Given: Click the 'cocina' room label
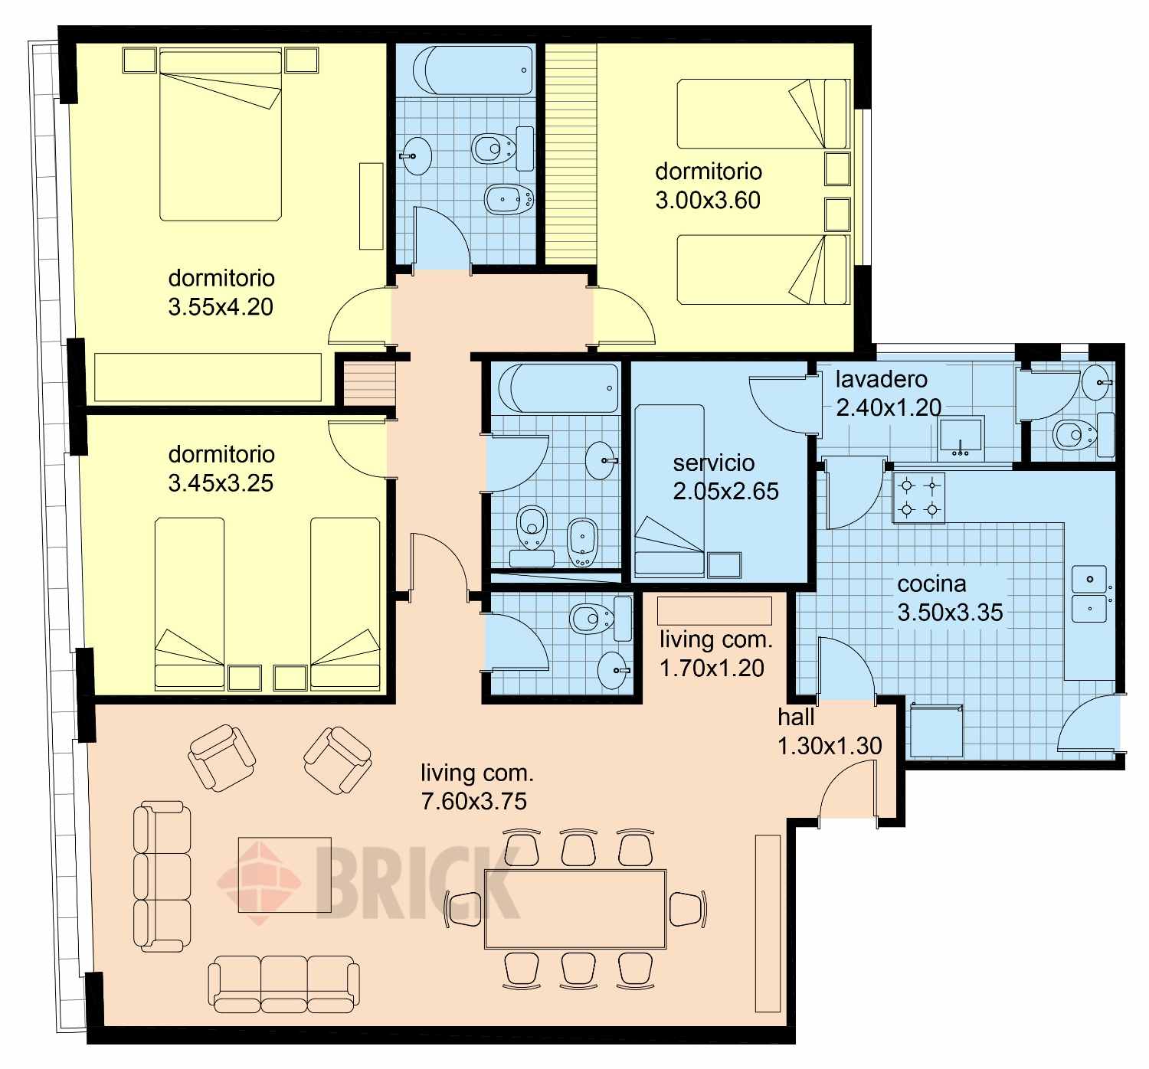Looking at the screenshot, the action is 931,584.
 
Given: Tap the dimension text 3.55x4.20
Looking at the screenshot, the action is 221,306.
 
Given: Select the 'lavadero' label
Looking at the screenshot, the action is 881,380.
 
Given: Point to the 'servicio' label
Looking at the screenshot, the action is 713,463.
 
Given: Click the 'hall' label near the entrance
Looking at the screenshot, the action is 796,718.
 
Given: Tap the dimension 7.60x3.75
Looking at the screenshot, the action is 474,801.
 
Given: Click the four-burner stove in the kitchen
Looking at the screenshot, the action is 918,498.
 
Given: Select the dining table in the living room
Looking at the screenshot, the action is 575,909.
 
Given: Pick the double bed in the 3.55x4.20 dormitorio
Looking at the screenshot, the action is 221,136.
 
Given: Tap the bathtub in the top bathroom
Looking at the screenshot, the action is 473,70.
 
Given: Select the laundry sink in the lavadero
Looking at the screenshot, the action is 961,437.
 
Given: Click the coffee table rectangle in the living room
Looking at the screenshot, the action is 285,874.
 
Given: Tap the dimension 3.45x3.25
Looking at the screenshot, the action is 221,483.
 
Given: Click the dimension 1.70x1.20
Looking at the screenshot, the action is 712,668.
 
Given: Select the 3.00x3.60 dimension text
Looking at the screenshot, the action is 708,200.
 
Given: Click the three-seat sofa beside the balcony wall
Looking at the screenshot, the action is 162,876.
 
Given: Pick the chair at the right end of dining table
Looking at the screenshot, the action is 687,909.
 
